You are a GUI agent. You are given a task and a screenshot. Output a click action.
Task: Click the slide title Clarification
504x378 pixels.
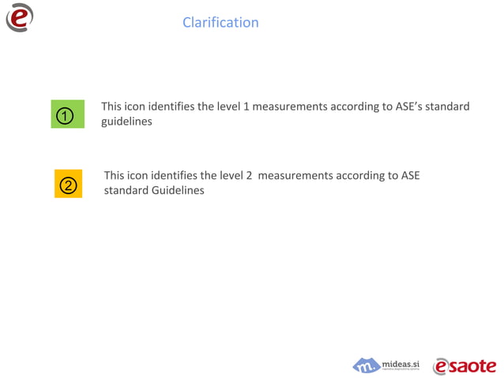pos(220,22)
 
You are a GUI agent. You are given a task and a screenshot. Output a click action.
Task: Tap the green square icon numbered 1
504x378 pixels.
pos(67,115)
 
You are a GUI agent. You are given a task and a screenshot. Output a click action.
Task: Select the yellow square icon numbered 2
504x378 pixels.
pos(68,184)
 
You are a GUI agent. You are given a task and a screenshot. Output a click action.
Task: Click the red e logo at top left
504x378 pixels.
pos(20,17)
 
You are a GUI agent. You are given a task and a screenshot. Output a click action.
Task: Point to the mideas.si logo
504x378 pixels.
pos(386,365)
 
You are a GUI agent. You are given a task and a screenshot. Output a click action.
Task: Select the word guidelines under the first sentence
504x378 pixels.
pos(126,122)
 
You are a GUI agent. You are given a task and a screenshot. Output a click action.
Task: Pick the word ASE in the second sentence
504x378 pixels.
pos(410,175)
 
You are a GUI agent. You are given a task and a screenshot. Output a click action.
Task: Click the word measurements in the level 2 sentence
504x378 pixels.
pos(295,175)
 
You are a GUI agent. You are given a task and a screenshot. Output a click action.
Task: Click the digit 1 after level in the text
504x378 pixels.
pos(246,107)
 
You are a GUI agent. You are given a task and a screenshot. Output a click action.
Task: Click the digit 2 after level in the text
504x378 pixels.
pos(249,175)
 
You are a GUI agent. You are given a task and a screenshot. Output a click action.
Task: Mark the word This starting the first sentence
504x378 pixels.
pos(111,107)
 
